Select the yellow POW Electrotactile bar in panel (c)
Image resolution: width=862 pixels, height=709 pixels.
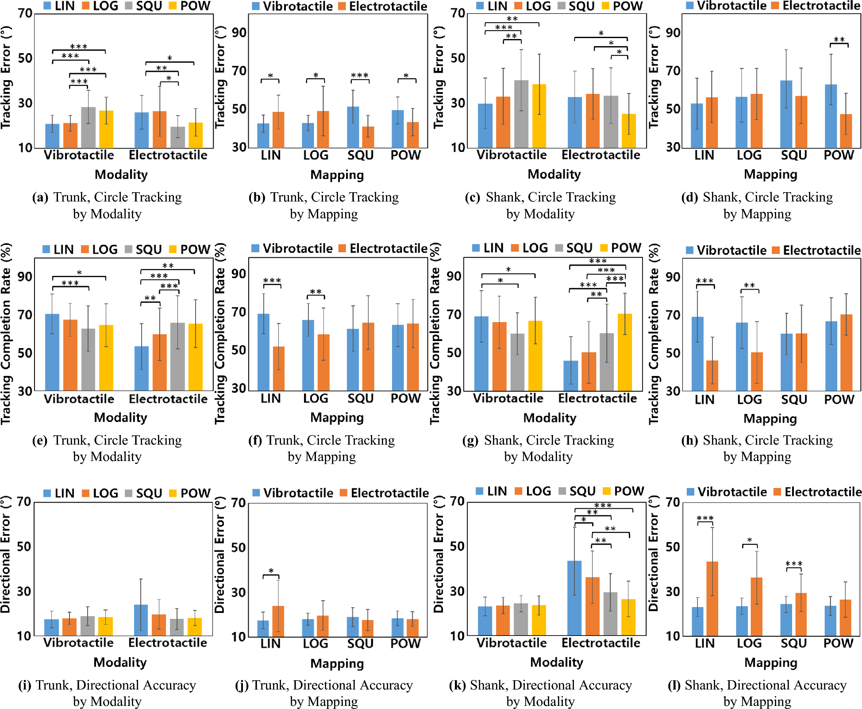tap(629, 131)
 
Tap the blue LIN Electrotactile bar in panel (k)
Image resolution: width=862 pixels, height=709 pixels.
tap(574, 598)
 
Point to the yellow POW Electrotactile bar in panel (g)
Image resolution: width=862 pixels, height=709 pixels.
tap(625, 352)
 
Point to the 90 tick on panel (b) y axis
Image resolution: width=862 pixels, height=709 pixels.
tap(239, 33)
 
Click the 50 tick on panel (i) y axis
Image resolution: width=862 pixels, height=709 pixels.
tap(24, 546)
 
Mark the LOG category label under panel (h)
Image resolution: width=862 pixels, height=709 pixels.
tap(749, 399)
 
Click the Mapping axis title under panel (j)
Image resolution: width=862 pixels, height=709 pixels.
tap(337, 663)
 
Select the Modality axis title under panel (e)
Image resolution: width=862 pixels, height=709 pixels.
tap(120, 417)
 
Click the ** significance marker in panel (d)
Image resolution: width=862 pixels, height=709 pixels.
tap(839, 40)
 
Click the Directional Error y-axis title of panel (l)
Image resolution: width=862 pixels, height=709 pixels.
tap(654, 554)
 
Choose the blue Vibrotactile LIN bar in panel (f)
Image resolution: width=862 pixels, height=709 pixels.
tap(263, 352)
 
